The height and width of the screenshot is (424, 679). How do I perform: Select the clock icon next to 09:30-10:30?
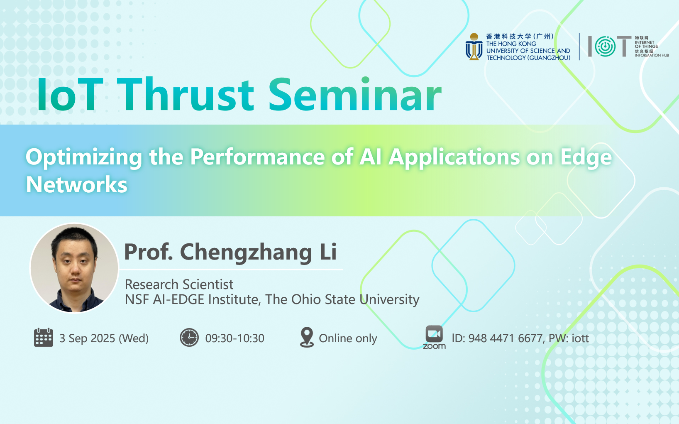(x=189, y=337)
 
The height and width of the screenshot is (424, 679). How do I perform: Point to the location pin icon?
(x=307, y=337)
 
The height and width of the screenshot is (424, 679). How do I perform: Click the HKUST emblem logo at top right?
(x=474, y=47)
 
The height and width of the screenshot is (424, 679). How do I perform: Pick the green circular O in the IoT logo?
(x=605, y=47)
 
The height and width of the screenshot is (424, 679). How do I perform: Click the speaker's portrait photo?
(x=74, y=268)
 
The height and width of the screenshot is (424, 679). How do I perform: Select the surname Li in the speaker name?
(x=328, y=252)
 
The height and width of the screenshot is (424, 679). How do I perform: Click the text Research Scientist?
(x=179, y=284)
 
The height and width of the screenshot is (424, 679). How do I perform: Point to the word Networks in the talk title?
(x=77, y=184)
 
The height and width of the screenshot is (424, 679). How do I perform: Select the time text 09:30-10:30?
(x=234, y=338)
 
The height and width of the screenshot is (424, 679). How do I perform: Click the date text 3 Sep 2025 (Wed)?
(x=104, y=338)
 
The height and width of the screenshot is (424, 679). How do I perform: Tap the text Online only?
(x=348, y=338)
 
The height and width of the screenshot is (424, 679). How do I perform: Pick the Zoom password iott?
(x=580, y=338)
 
